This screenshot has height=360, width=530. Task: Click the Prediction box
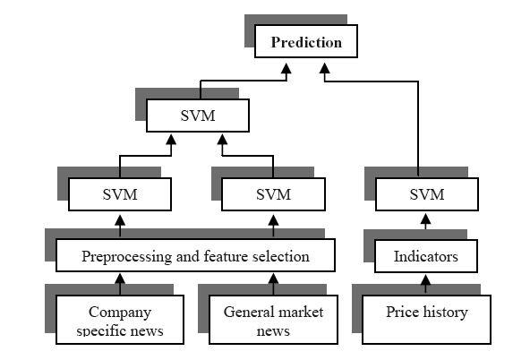tap(306, 41)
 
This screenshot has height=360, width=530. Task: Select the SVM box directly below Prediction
tap(198, 116)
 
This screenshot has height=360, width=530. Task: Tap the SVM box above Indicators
tap(427, 194)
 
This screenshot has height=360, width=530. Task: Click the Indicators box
tap(426, 256)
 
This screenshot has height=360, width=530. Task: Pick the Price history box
tap(426, 320)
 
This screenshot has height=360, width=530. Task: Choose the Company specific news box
tap(120, 320)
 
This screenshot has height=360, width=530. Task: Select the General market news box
tap(273, 320)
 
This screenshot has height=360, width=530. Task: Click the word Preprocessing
tap(127, 257)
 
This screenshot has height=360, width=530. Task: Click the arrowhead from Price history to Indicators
tap(426, 279)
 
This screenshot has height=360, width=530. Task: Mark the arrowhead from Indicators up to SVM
tap(426, 219)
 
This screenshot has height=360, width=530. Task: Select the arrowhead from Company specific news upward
tap(120, 279)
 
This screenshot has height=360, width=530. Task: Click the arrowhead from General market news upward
tap(273, 279)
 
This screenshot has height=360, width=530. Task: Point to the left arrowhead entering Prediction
tap(286, 68)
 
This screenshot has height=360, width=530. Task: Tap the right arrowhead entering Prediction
tap(325, 68)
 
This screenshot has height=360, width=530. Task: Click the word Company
tap(120, 313)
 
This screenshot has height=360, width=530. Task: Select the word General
tap(245, 312)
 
